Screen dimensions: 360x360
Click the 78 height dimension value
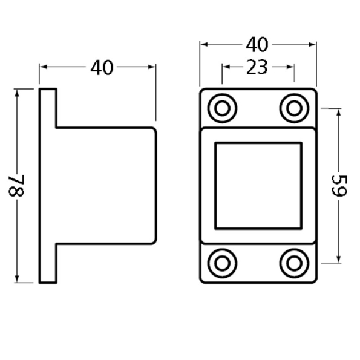point(18,186)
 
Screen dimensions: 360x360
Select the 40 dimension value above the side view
point(102,68)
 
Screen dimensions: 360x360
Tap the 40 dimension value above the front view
point(258,45)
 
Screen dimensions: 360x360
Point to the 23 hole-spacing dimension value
point(258,67)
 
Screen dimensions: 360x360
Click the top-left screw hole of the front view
point(222,108)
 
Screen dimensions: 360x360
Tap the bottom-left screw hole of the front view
point(222,264)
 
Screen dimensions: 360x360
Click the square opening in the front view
point(258,186)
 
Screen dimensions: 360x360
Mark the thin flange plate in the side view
point(48,186)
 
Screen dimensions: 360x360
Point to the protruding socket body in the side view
point(106,186)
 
